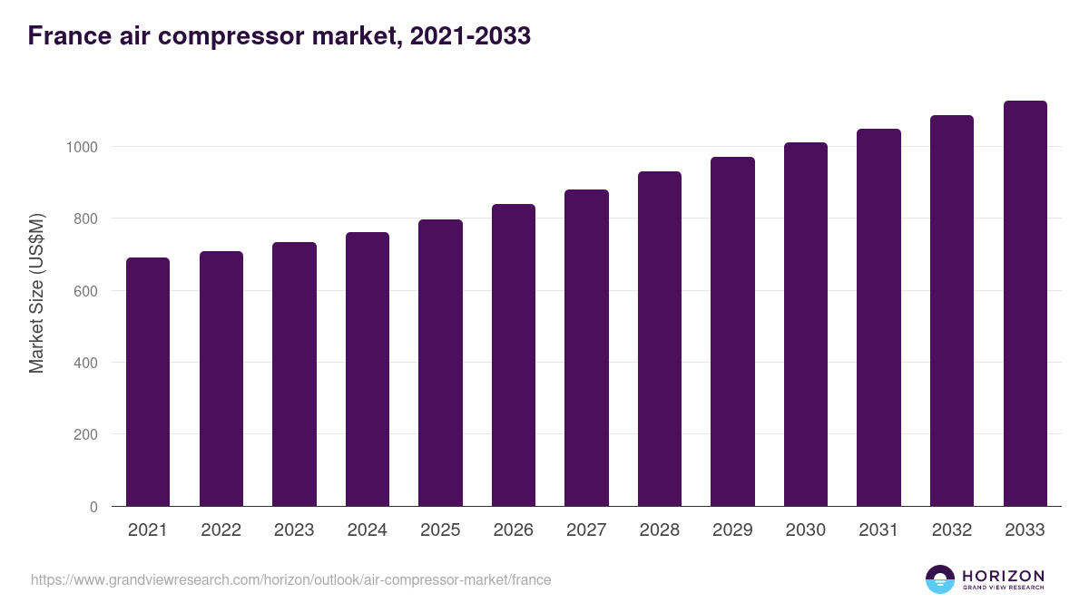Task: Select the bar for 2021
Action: tap(148, 382)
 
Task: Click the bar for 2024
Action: tap(368, 369)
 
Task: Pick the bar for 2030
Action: tap(806, 324)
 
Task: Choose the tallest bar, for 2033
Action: tap(1025, 303)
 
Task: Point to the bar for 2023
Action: tap(294, 374)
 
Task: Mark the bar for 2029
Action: tap(732, 331)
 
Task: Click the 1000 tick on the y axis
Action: tap(82, 147)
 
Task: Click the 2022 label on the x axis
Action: tap(221, 530)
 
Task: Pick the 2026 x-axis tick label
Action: tap(514, 530)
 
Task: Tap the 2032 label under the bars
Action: tap(952, 530)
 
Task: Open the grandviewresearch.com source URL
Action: tap(290, 579)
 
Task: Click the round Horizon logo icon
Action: tap(940, 579)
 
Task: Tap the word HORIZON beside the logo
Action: tap(1004, 576)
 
